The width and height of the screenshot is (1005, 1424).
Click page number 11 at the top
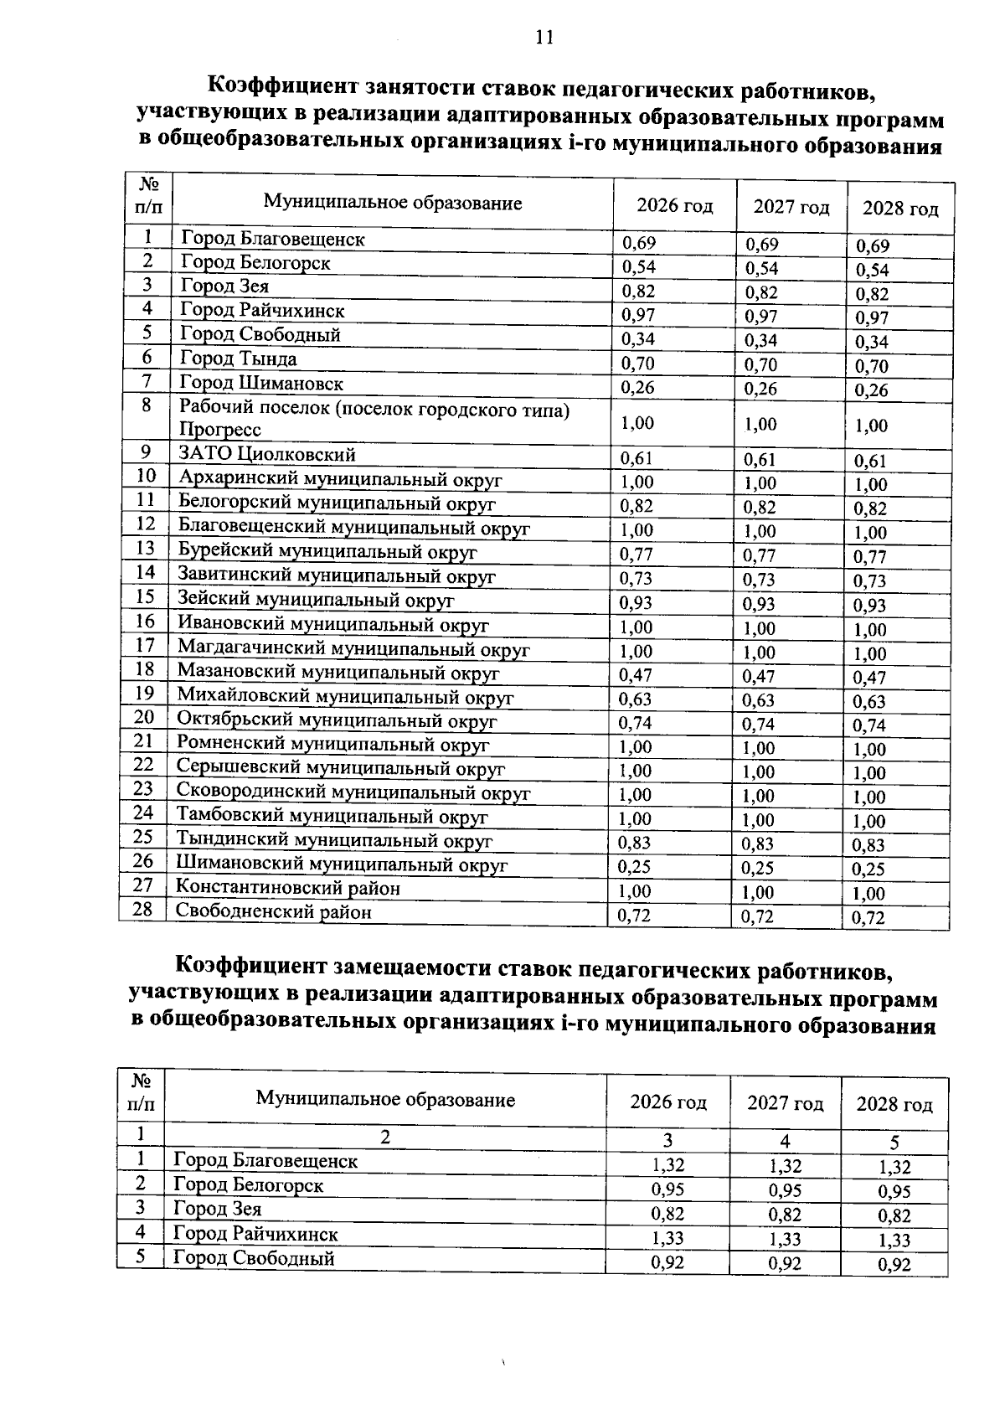coord(544,38)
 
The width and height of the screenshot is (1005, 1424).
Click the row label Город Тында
coord(239,359)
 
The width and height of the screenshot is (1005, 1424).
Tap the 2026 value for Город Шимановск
coord(636,388)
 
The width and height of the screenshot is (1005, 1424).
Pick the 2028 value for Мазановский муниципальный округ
coord(869,678)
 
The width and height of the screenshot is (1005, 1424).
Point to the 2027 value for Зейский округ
coord(759,604)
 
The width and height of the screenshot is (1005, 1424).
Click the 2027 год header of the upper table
coord(791,207)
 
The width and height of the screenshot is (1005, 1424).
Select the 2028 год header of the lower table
coord(894,1105)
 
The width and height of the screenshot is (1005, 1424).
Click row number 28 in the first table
coord(143,909)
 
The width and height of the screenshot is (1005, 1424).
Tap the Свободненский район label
coord(273,912)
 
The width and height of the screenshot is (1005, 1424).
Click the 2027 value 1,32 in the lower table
coord(785,1166)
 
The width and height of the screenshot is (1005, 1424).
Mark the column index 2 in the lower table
coord(384,1138)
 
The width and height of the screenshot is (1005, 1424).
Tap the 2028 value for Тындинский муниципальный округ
coord(868,845)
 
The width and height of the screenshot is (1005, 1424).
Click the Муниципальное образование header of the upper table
coord(393,203)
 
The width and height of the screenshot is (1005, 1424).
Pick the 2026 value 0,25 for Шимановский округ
coord(634,867)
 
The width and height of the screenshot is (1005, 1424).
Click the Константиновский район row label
coord(287,888)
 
